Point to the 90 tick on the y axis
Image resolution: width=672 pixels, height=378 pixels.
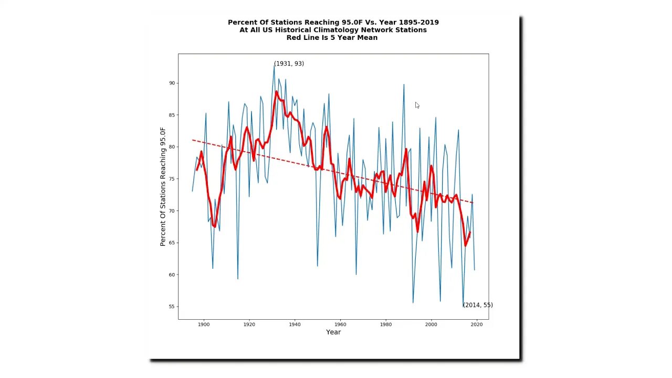coord(177,83)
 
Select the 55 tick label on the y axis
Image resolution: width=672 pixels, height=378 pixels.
coord(171,307)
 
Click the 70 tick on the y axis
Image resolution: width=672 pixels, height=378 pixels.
coord(177,211)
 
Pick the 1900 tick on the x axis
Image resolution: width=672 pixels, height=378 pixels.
coord(204,320)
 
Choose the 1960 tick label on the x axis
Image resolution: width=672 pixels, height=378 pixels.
coord(340,324)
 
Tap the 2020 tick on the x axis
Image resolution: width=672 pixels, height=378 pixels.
coord(477,320)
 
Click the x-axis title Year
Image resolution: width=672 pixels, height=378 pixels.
coord(333,332)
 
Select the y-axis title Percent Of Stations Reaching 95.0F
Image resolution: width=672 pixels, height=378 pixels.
coord(163,186)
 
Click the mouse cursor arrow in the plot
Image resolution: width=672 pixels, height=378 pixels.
coord(417,105)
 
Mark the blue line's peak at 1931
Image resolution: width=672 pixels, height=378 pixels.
coord(274,65)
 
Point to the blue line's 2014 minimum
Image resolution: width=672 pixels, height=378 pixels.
coord(463,307)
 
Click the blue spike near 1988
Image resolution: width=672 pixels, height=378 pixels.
coord(404,85)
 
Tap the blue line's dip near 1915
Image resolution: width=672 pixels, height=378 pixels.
coord(238,279)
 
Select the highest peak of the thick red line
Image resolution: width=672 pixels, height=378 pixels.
coord(277,92)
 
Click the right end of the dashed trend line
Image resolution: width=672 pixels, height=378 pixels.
coord(474,203)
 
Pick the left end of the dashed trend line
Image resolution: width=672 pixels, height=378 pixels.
coord(192,140)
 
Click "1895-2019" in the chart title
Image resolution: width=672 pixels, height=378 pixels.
coord(418,23)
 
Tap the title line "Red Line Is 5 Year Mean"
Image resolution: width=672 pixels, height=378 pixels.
coord(332,38)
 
